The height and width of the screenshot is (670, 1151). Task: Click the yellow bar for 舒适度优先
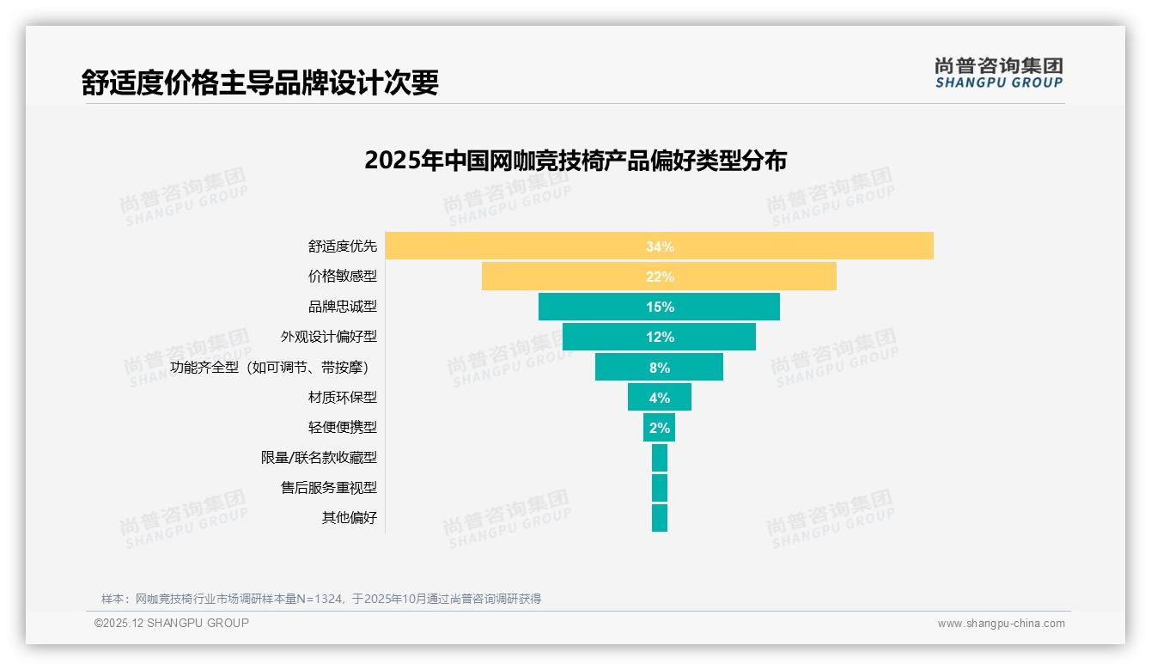515,247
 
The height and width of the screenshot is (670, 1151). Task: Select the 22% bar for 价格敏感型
567,277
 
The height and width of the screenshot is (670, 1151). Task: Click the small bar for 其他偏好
659,518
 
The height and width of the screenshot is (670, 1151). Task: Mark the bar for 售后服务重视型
659,488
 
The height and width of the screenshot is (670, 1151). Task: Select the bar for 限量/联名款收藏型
659,458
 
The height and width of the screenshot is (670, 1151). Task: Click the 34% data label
660,247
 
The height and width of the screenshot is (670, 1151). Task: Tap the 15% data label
660,307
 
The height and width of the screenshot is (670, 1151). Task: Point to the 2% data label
660,428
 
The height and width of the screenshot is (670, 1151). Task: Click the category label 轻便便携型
342,427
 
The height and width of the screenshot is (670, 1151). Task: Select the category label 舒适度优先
342,247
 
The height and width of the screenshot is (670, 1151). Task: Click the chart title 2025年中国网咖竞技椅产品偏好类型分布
575,161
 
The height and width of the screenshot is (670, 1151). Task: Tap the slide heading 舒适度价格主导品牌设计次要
260,82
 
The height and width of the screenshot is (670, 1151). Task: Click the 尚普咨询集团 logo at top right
998,73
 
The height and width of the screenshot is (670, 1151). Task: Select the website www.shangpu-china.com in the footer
1001,624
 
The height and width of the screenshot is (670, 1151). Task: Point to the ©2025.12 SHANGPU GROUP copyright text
172,623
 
